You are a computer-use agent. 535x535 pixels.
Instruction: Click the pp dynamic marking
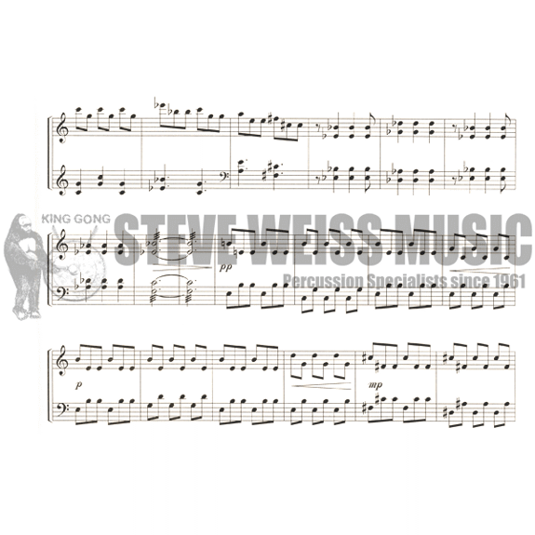pos(225,267)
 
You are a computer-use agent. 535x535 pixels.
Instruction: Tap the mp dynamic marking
pos(375,385)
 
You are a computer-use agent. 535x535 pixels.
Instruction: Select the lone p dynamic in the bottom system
pos(79,385)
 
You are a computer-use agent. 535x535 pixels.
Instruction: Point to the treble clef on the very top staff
pos(63,128)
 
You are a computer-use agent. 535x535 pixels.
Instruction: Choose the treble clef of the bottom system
pos(63,361)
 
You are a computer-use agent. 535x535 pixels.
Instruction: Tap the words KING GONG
pos(75,219)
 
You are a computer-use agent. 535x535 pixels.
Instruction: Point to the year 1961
pos(507,282)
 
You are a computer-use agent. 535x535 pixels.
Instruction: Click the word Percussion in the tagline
pos(323,282)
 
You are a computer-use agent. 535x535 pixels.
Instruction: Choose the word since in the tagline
pos(468,282)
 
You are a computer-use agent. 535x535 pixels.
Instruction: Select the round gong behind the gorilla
pos(78,273)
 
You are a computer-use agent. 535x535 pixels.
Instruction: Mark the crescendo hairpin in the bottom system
pos(321,386)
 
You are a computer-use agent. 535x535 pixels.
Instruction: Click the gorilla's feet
pos(27,314)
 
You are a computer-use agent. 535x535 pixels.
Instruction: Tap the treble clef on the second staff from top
pos(63,180)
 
